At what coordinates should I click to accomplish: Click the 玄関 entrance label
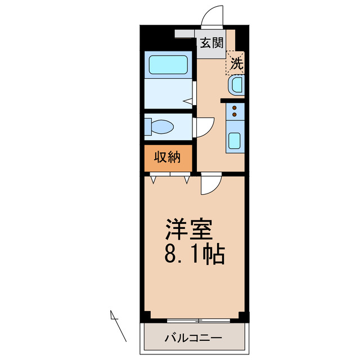[x=211, y=43]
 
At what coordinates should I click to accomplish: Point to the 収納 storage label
[x=167, y=158]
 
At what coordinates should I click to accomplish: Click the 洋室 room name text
[x=188, y=229]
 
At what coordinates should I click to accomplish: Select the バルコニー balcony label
[x=193, y=338]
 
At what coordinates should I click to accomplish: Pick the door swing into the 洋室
[x=210, y=182]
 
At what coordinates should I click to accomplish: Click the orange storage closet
[x=168, y=159]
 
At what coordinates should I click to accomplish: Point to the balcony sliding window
[x=198, y=321]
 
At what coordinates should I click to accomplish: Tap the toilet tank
[x=148, y=127]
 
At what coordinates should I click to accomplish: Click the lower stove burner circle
[x=234, y=115]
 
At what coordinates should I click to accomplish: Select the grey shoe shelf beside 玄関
[x=186, y=34]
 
